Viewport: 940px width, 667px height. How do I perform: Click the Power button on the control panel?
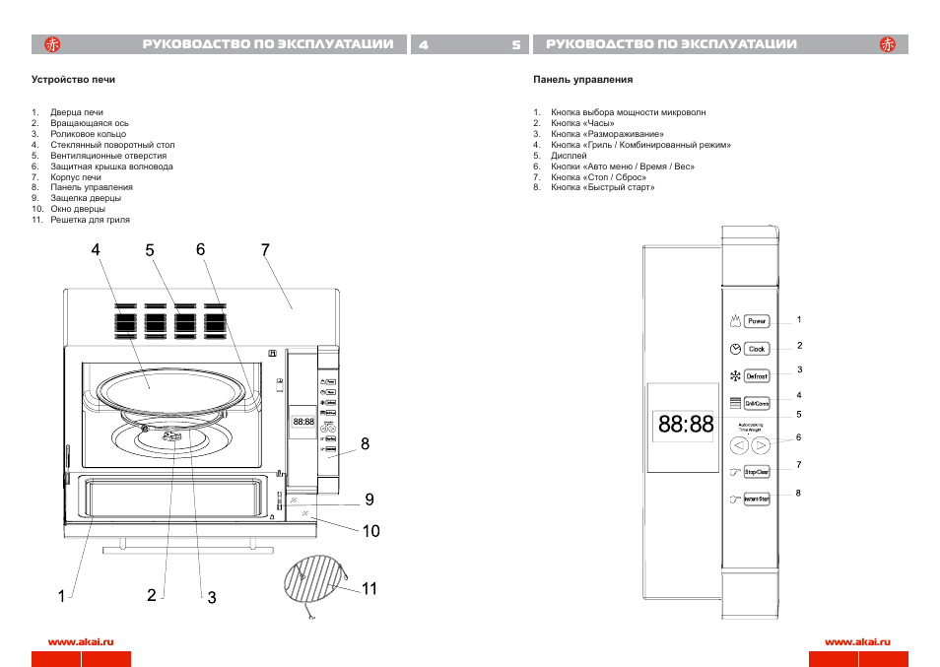click(757, 321)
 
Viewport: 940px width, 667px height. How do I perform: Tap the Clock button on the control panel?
click(757, 349)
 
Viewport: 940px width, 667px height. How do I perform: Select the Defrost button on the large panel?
click(757, 376)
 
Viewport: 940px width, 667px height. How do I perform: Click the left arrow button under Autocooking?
click(739, 445)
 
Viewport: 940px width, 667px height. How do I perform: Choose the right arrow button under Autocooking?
click(760, 445)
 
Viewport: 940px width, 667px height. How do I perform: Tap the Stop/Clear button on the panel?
click(757, 473)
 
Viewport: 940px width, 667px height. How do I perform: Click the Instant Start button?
click(757, 500)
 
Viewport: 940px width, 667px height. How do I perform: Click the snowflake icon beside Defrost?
click(734, 376)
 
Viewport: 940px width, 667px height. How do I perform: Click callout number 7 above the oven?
click(265, 250)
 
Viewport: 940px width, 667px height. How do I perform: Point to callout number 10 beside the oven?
click(370, 531)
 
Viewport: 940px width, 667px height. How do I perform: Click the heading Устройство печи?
click(74, 79)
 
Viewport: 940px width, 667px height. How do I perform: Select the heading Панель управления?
click(582, 79)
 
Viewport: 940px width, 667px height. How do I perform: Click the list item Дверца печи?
click(77, 112)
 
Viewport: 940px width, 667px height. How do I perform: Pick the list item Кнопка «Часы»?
click(582, 123)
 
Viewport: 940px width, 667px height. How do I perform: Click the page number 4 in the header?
click(424, 45)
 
